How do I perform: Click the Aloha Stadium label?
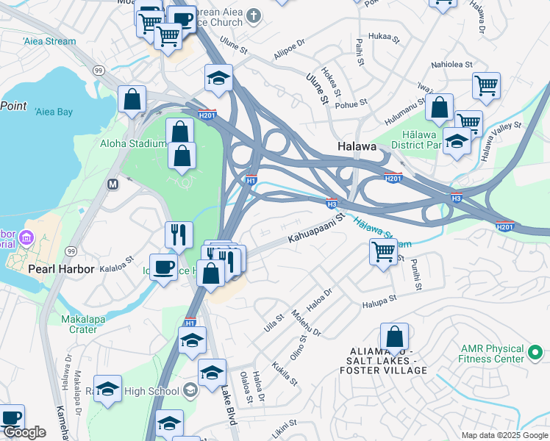point(132,143)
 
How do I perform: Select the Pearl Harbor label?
point(61,269)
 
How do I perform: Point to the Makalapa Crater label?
point(83,324)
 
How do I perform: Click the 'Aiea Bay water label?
point(54,112)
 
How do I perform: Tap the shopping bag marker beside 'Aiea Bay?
point(132,99)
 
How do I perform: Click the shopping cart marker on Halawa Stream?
point(383,252)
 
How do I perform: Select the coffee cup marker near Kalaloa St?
point(163,266)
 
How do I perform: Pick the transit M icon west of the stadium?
point(113,184)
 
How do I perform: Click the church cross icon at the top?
point(254,15)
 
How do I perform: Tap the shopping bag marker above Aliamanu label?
point(394,337)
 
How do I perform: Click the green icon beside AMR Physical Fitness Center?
point(536,354)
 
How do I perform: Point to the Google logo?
point(24,432)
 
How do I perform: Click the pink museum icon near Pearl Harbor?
point(26,237)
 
